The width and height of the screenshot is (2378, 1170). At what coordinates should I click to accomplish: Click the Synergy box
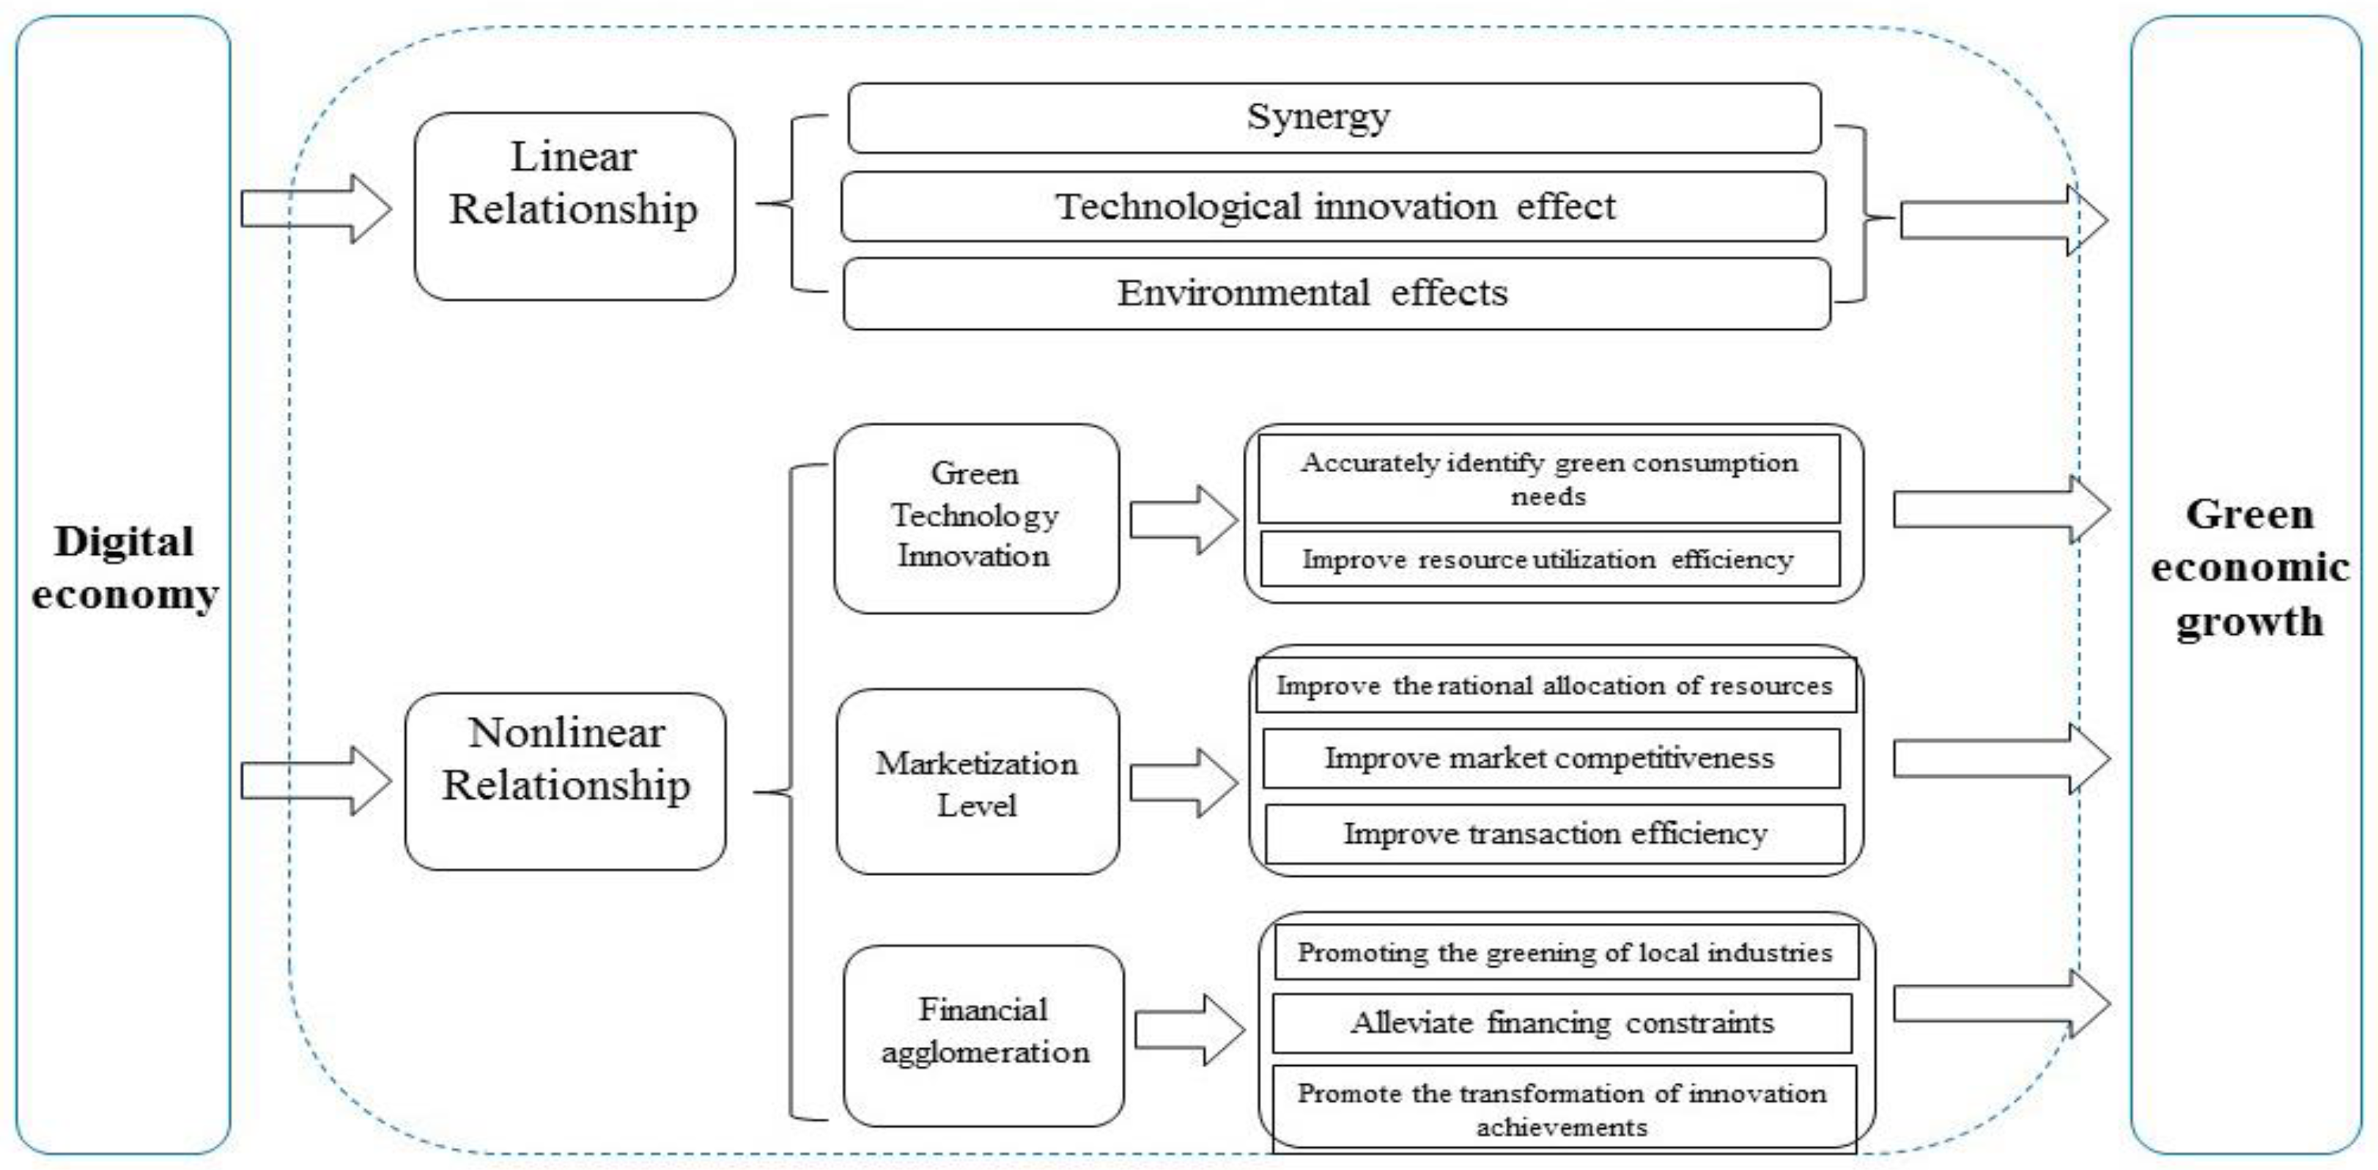click(1334, 118)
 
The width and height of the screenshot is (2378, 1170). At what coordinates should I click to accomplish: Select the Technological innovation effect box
click(1334, 207)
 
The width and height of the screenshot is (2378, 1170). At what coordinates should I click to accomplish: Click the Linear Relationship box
click(575, 206)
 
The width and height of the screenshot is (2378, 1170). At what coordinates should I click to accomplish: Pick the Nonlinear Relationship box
click(565, 781)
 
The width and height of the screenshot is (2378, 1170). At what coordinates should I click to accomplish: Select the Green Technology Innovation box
click(976, 518)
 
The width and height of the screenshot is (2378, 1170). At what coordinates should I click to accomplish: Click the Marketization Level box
click(977, 782)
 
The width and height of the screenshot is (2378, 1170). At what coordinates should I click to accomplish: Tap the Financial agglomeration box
click(983, 1034)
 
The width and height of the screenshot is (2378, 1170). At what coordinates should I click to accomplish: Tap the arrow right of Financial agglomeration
click(1188, 1030)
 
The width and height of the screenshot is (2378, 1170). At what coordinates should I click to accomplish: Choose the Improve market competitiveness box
click(1550, 758)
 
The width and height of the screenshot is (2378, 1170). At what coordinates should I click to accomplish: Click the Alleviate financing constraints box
click(1562, 1023)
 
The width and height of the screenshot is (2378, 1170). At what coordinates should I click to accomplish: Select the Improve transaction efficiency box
click(1554, 834)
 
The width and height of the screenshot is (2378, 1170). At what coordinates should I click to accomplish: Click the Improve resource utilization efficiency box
click(1548, 559)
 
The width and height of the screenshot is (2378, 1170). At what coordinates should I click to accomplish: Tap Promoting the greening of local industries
click(1565, 953)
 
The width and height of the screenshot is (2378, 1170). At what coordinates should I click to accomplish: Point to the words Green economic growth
click(2249, 567)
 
